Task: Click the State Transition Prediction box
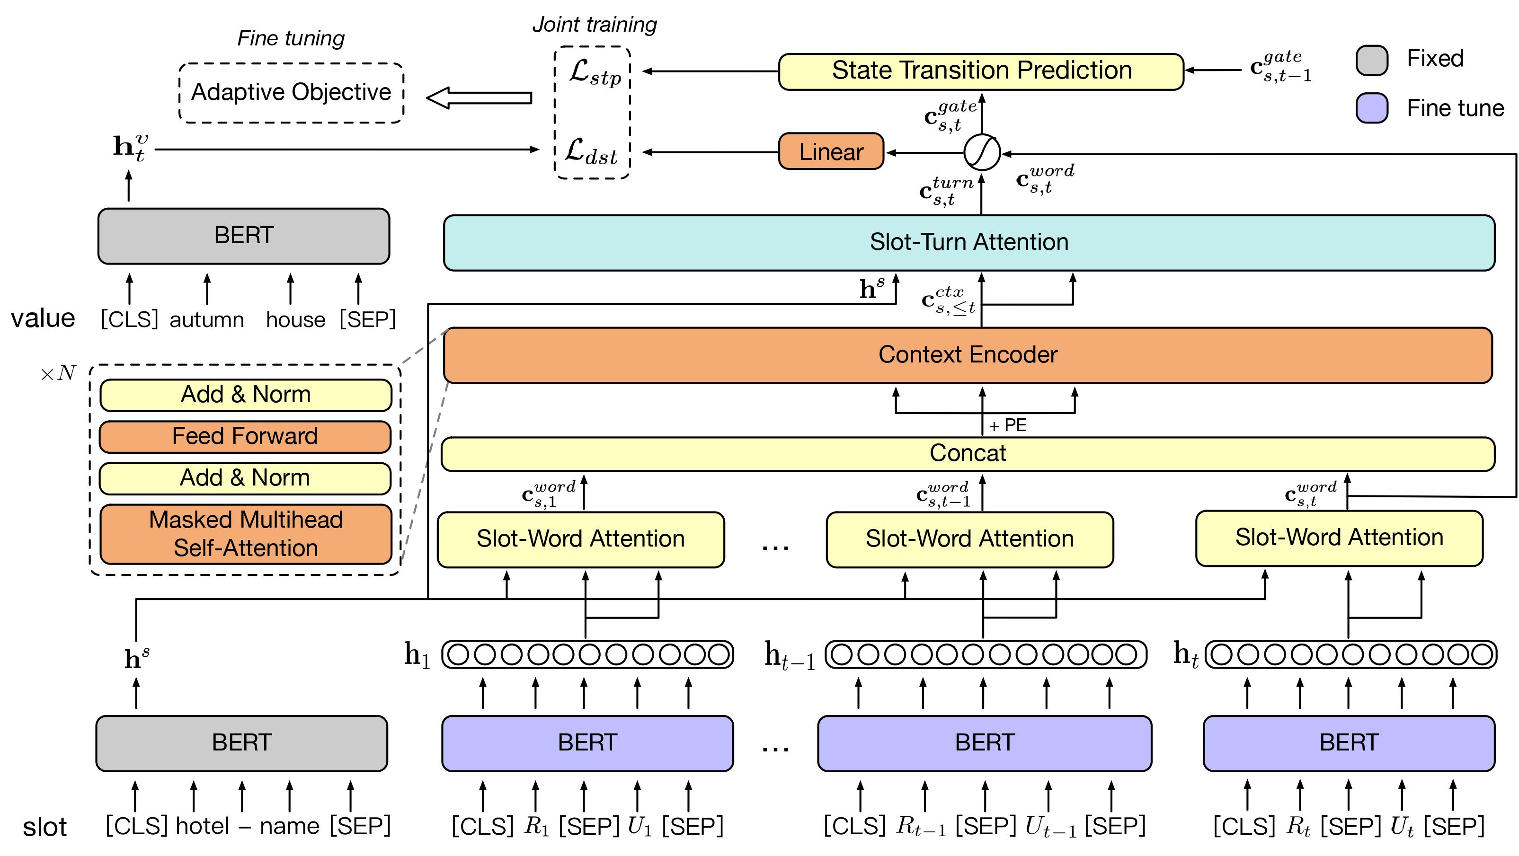(x=981, y=71)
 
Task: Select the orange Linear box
(x=831, y=151)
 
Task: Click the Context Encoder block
(x=967, y=355)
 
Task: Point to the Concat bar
(x=967, y=453)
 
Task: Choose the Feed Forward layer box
(x=245, y=436)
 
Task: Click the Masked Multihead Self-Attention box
(x=245, y=534)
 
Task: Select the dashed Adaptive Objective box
(x=291, y=93)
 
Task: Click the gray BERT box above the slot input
(x=241, y=743)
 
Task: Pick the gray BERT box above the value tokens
(x=243, y=236)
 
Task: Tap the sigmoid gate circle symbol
(x=981, y=153)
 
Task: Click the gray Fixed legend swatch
(x=1372, y=60)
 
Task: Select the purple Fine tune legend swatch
(x=1372, y=108)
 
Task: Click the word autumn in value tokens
(x=206, y=320)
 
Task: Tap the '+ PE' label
(x=1008, y=425)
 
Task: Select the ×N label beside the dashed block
(x=58, y=373)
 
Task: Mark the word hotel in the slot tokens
(x=202, y=826)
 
